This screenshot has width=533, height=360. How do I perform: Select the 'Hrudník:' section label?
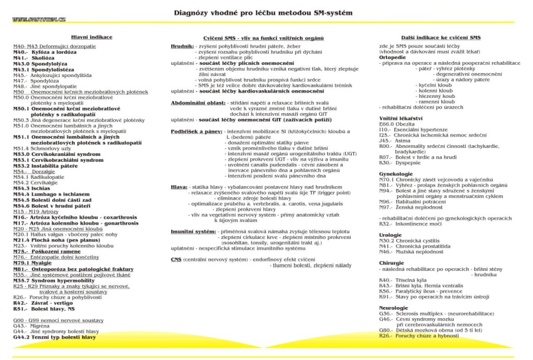(x=182, y=46)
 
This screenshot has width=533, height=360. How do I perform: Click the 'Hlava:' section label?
(x=179, y=187)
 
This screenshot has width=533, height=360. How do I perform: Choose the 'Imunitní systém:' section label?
(x=194, y=231)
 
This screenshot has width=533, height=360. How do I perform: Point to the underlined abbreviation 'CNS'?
(x=176, y=259)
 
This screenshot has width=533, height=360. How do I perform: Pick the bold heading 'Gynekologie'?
(x=396, y=173)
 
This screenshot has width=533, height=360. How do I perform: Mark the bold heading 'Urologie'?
(x=390, y=235)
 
